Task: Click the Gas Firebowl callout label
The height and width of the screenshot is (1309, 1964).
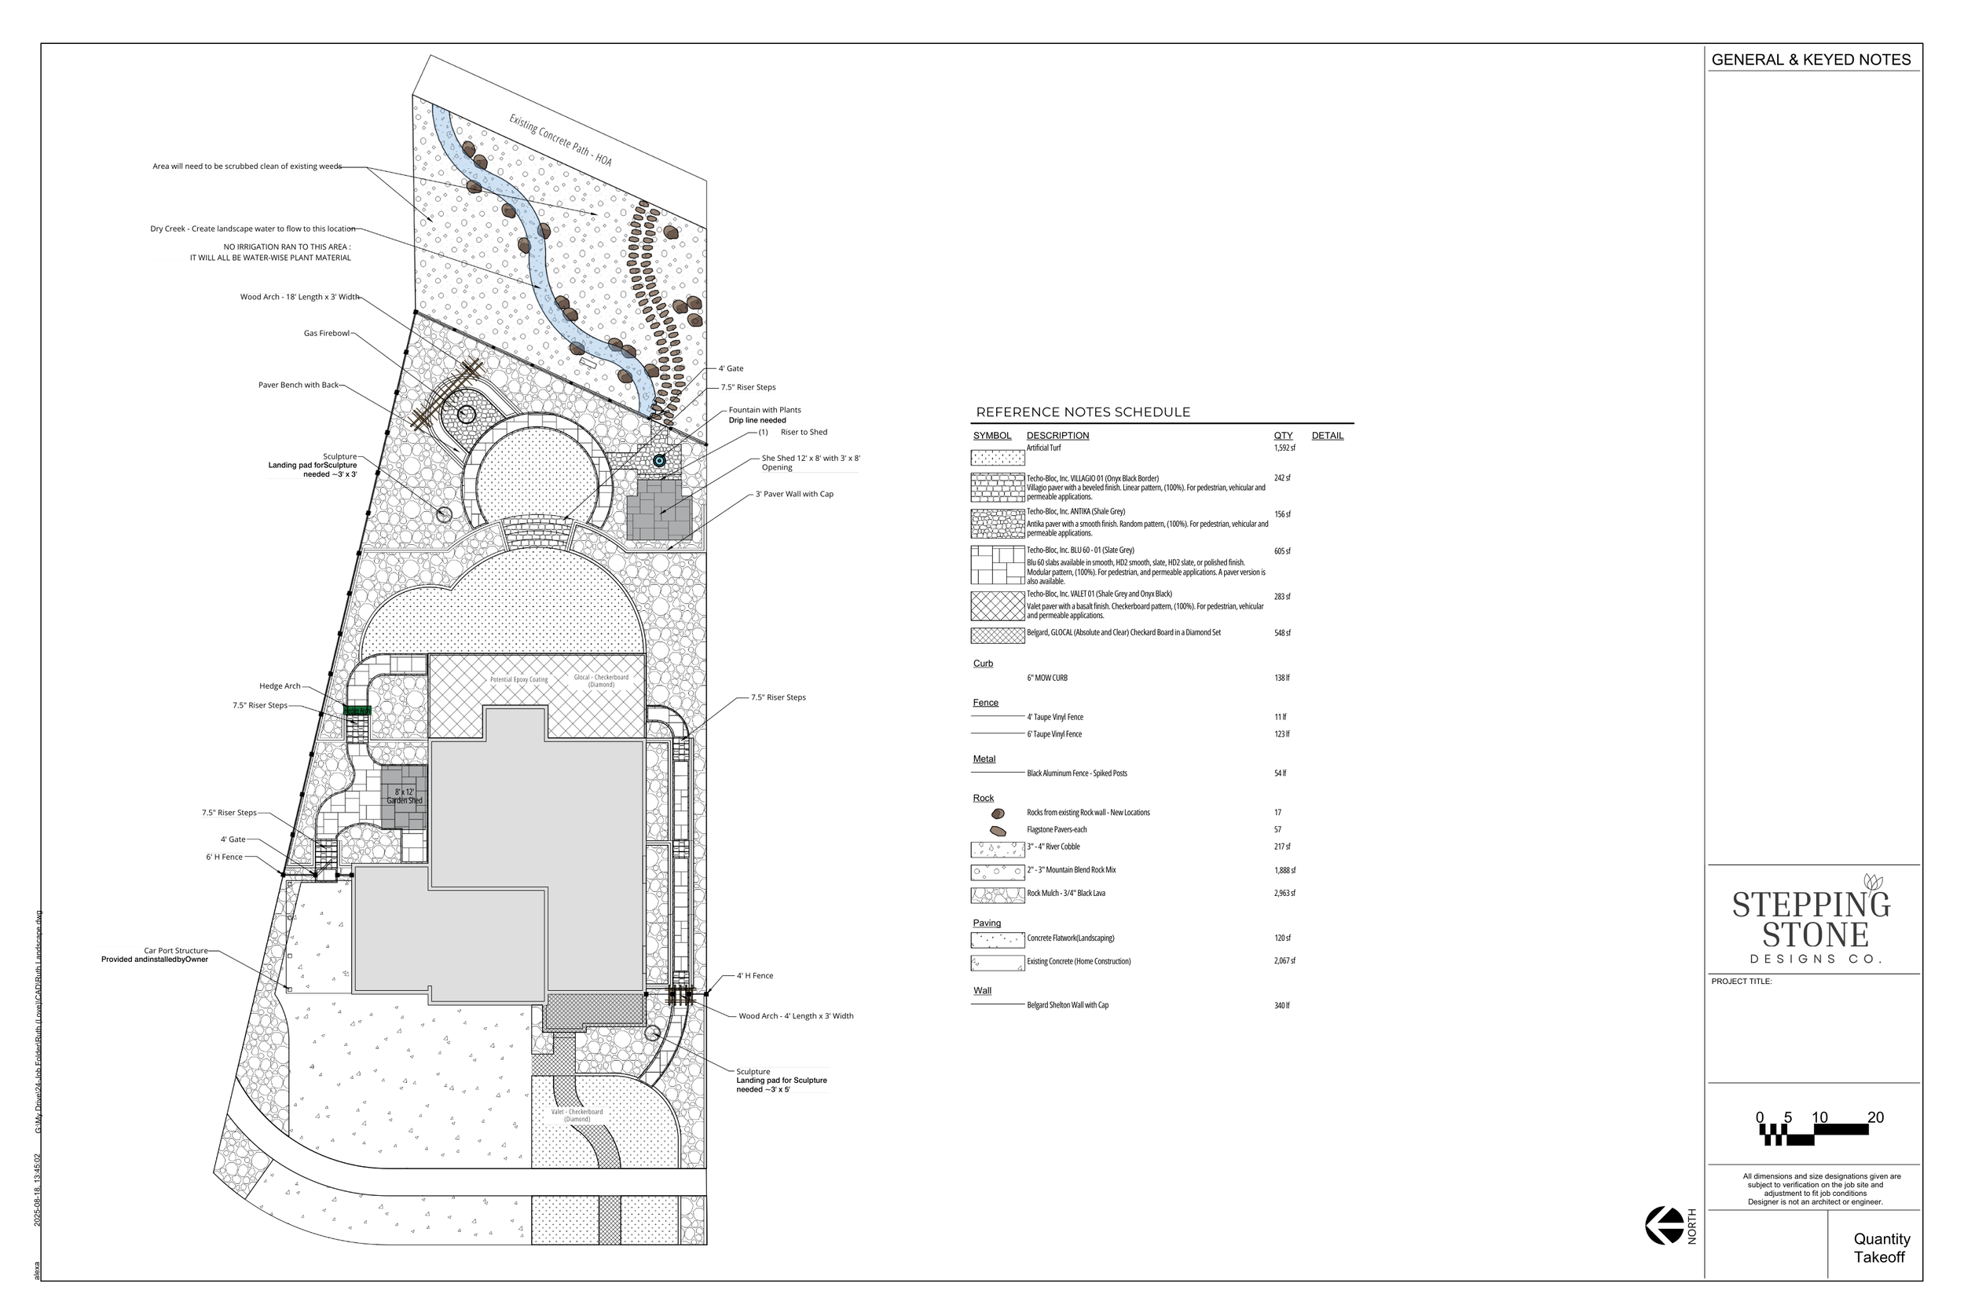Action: click(327, 333)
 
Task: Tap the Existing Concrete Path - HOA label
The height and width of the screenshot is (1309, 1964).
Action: click(560, 141)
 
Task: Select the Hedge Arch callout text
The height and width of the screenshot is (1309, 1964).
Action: click(280, 686)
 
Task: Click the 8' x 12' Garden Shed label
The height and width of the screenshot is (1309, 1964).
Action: click(404, 795)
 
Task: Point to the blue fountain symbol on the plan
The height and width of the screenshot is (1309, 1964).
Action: click(659, 461)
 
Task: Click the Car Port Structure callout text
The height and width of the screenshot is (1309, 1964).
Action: click(175, 950)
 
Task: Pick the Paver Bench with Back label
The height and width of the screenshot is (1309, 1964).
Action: click(298, 385)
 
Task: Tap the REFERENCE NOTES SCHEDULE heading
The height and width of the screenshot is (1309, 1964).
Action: click(1083, 412)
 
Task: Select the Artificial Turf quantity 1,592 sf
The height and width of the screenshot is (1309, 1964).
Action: click(1284, 448)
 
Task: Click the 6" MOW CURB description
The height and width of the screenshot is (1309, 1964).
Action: click(1047, 678)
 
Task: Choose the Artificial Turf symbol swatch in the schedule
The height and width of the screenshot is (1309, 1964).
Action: click(997, 458)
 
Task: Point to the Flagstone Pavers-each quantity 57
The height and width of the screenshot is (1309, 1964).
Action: click(1277, 830)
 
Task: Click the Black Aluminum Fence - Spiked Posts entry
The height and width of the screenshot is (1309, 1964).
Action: click(1076, 773)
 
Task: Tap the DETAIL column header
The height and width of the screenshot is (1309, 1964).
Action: click(1327, 436)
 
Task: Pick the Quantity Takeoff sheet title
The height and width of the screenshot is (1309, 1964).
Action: click(1882, 1248)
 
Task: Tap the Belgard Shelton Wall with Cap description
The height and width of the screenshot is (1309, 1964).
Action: click(1067, 1005)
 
